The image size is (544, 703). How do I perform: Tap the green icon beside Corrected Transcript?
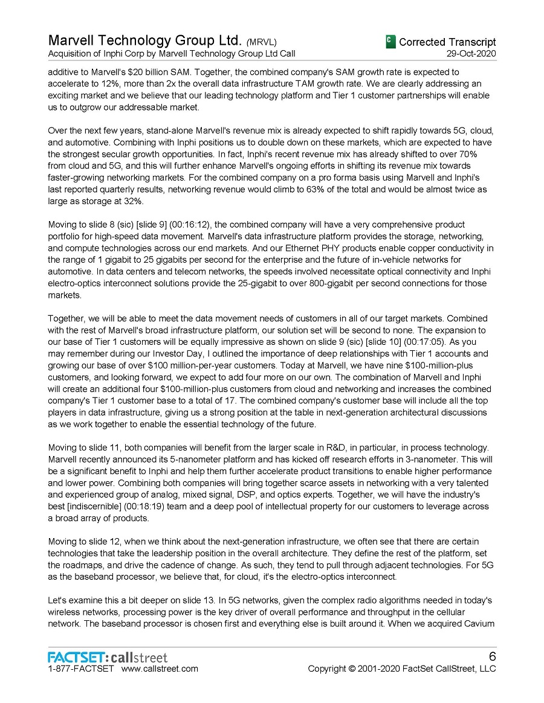(390, 42)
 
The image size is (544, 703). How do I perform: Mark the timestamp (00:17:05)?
(412, 330)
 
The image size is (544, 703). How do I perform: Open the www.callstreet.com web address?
(160, 669)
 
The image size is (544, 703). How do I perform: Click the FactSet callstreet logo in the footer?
(108, 657)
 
